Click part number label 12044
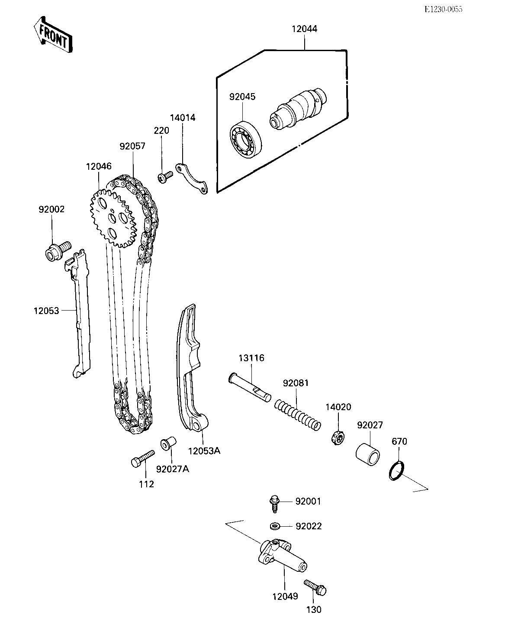(x=304, y=29)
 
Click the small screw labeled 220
(x=165, y=176)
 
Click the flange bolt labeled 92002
(x=57, y=250)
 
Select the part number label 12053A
(x=204, y=450)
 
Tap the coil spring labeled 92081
(x=298, y=413)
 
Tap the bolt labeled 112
(x=142, y=458)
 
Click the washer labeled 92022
(x=274, y=526)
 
